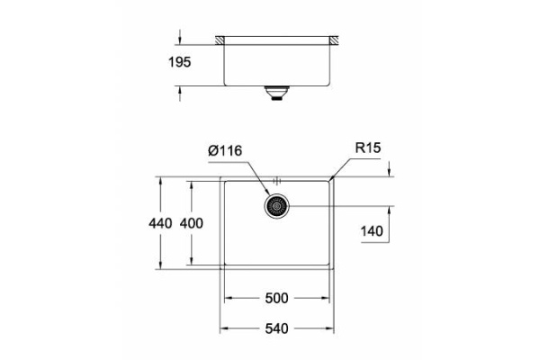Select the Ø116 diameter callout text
pos(226,151)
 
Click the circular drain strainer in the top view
pos(277,206)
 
